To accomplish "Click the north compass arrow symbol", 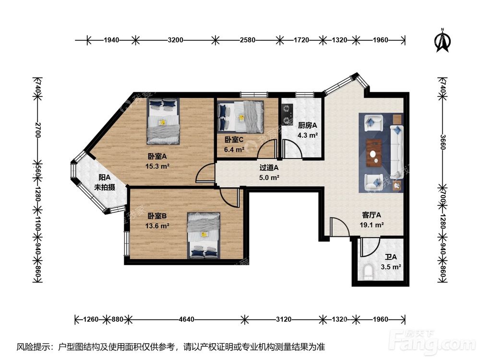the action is (x=443, y=40).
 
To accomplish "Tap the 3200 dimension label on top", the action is (x=175, y=40).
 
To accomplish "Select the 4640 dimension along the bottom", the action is (x=186, y=320).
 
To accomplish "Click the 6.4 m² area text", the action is (x=234, y=150).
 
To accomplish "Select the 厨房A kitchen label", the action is (x=307, y=125).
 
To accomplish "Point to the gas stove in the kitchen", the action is (x=287, y=115).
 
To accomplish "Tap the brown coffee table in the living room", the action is (x=374, y=153).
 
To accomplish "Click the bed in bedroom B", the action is (x=204, y=235).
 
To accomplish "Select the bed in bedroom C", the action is (x=240, y=117).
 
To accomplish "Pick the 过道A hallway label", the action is (x=269, y=168).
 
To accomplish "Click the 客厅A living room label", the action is (x=372, y=215).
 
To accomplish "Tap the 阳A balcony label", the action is (x=104, y=178).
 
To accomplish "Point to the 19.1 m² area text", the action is (x=372, y=225).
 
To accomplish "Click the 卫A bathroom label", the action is (x=391, y=257).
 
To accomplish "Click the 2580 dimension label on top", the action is (x=247, y=40).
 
